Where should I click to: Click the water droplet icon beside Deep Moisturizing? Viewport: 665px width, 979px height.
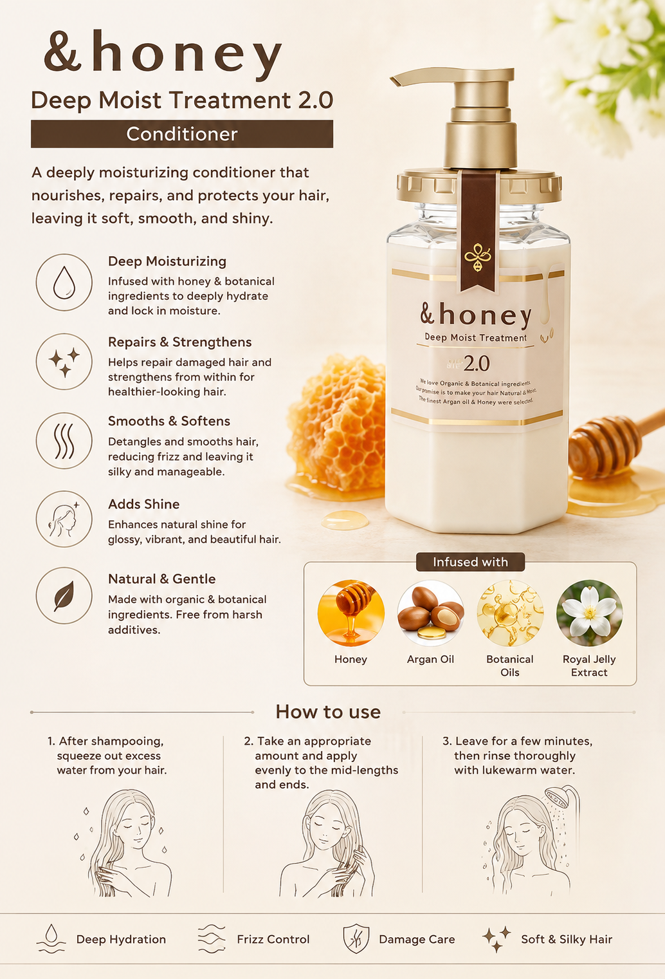[x=64, y=283]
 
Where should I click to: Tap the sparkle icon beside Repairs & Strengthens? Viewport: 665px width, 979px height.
[x=64, y=362]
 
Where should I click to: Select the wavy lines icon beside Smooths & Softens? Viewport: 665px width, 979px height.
[x=64, y=440]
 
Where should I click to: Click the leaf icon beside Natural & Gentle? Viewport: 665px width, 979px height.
[x=64, y=596]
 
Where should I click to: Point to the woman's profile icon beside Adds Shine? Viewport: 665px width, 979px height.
[x=64, y=519]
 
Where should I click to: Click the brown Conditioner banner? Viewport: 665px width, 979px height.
[x=181, y=134]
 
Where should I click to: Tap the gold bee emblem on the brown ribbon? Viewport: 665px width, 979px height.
[x=478, y=257]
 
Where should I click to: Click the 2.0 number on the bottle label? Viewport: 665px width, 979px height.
[x=477, y=363]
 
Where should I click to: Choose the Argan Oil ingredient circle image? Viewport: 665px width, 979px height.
[x=430, y=613]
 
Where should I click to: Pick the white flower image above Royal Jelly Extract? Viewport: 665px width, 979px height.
[x=590, y=613]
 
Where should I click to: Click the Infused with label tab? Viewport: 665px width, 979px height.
[x=470, y=562]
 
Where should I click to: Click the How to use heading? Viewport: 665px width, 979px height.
[x=328, y=711]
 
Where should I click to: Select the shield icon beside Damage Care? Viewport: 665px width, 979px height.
[x=356, y=938]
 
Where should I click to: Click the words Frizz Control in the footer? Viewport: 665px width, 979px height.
[x=273, y=939]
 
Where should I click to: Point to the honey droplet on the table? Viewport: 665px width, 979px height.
[x=345, y=520]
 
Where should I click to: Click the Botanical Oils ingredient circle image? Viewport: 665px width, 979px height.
[x=510, y=613]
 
